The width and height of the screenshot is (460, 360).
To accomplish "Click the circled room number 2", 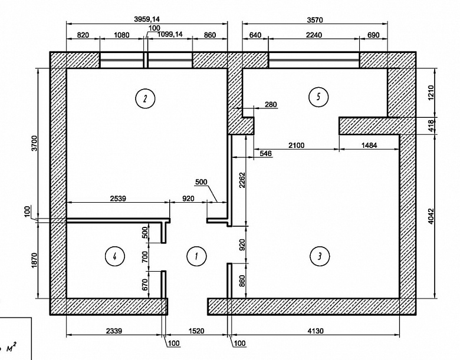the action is pos(145,98).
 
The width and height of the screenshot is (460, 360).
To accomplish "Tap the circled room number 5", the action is pos(318,97).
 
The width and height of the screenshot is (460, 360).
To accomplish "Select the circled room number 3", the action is pos(320,256).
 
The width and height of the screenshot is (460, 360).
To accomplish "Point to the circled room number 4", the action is pos(115,256).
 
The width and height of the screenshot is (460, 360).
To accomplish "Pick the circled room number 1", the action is pos(196,256).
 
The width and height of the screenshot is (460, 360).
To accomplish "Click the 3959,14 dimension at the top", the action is pos(147,19).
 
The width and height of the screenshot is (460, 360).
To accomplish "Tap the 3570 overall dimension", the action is pos(315,20).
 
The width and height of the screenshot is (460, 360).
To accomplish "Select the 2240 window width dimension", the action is pos(314,35).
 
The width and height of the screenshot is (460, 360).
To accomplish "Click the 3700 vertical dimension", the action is pos(35,143).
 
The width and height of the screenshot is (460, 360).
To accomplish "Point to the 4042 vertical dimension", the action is pos(431,216).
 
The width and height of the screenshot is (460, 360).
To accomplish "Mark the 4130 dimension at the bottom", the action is pos(316,331).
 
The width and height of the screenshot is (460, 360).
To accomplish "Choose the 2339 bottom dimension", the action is pos(114,331).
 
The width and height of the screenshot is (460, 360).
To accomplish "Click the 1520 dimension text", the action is pos(196,331).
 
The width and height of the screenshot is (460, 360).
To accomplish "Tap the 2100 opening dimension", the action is pos(296,145).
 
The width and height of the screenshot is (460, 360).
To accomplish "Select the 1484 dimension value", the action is pos(369,145).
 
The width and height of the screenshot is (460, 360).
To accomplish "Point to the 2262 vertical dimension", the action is pos(242,180).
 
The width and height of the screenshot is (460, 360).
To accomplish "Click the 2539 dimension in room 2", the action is pos(118,199).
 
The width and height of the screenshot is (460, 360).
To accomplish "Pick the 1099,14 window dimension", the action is pos(170,34).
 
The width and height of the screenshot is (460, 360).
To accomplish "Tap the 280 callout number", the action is pos(271,104).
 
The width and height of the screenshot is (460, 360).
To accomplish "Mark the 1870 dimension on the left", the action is pos(35,260).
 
